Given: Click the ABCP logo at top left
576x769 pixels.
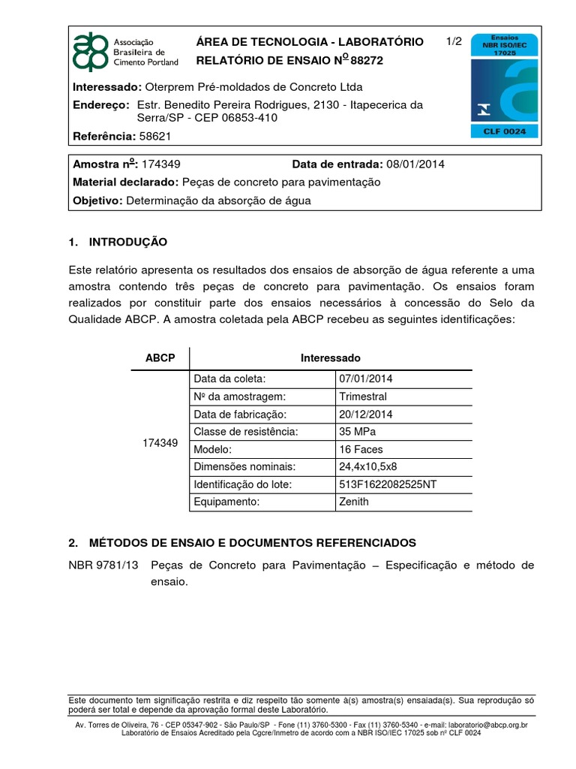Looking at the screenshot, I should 90,52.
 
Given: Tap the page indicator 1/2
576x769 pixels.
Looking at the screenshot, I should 454,42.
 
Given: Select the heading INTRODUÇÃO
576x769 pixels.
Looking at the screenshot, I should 128,242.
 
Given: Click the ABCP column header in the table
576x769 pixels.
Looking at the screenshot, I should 160,358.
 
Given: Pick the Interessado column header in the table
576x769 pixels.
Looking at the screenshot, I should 331,358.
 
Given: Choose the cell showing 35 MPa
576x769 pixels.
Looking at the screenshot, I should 358,432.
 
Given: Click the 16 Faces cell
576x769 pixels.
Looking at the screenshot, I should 361,449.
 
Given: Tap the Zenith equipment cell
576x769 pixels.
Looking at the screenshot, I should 355,501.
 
